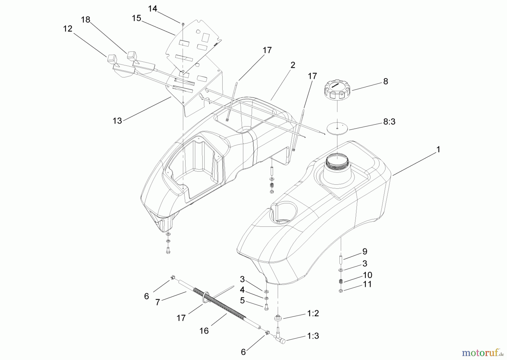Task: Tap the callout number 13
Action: pos(117,121)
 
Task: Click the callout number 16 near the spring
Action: pos(204,330)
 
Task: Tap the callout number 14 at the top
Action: pos(152,9)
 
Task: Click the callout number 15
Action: pos(136,18)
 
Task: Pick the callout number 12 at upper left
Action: pos(68,29)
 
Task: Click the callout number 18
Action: pos(86,20)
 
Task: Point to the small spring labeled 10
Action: pos(341,281)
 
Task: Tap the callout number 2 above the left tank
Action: pos(293,65)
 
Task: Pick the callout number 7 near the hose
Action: pos(158,302)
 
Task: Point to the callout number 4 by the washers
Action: pos(242,290)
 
